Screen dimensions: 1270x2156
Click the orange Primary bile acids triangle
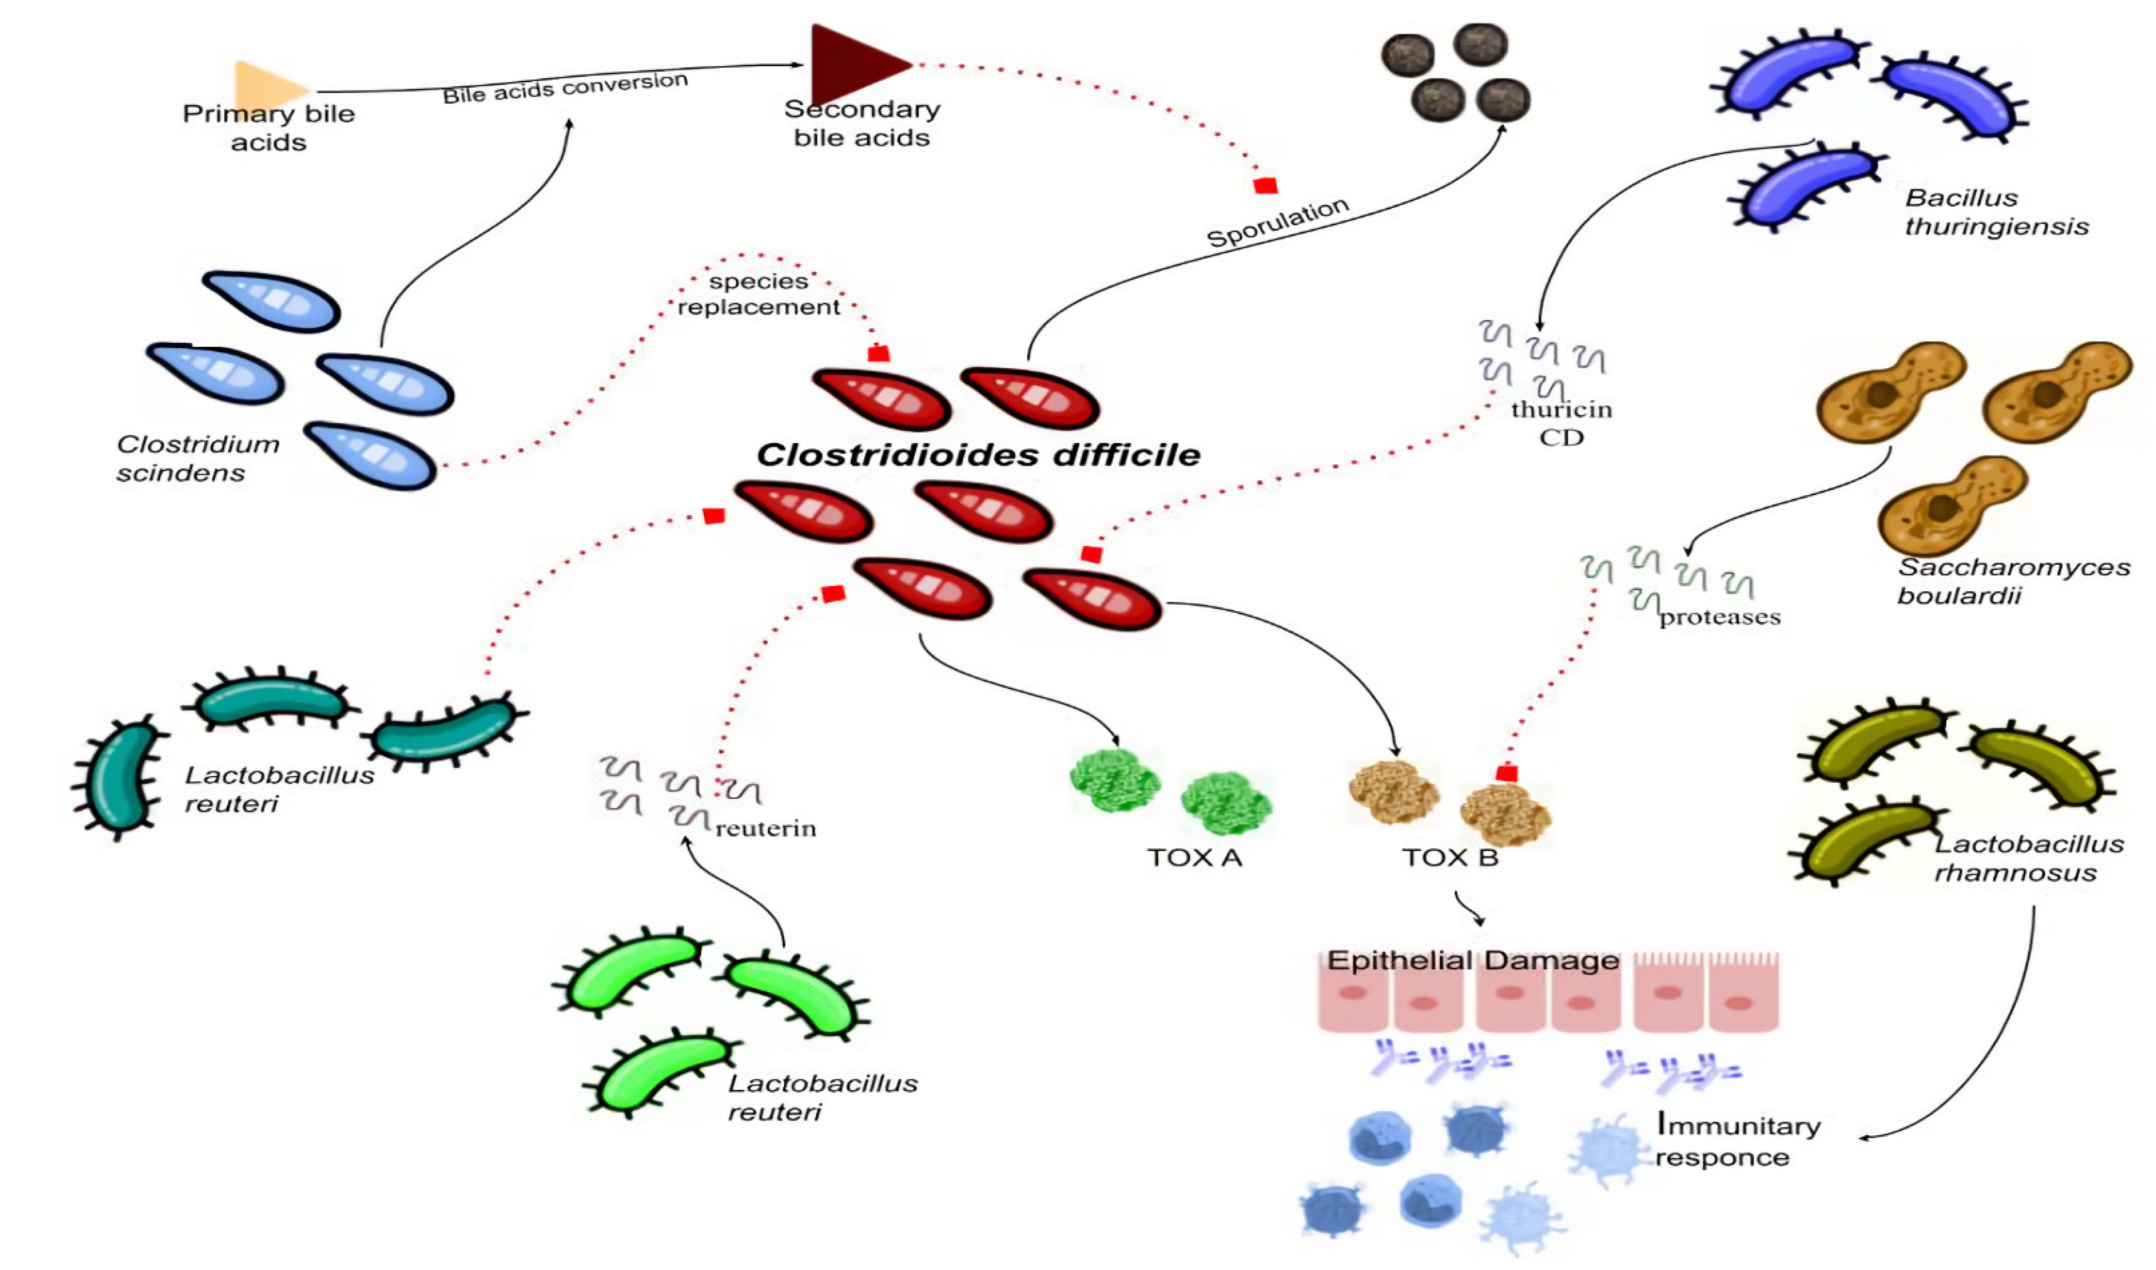267,86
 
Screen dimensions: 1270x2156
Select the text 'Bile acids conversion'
565,87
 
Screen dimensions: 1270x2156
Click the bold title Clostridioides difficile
978,455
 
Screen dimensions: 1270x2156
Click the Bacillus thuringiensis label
1996,212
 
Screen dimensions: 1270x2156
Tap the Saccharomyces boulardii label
2013,581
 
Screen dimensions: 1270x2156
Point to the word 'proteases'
1720,617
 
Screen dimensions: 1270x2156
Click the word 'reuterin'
766,828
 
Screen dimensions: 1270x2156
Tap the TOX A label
1195,858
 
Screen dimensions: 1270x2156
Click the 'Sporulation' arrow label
1277,222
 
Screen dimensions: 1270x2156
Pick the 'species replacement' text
759,294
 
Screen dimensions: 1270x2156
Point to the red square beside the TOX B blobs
1507,774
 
